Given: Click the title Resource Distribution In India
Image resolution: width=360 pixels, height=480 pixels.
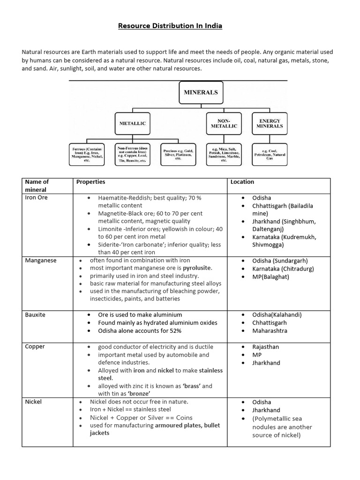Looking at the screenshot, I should [x=170, y=26].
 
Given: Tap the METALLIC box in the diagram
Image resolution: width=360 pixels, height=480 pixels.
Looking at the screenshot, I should [x=132, y=123].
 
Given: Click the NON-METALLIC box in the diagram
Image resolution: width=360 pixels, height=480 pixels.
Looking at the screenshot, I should [x=224, y=123].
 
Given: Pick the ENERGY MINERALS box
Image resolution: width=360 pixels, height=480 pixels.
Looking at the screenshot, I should [x=270, y=123].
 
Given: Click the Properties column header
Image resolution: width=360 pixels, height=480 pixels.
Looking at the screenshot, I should [x=91, y=182].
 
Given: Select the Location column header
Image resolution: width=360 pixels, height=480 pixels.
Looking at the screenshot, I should [x=242, y=182].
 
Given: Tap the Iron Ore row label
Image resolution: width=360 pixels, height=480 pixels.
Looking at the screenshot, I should [x=36, y=198].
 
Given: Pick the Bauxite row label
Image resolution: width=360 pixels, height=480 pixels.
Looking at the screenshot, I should [x=35, y=315].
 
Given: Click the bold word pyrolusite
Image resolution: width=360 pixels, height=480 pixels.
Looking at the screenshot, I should [x=197, y=268].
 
